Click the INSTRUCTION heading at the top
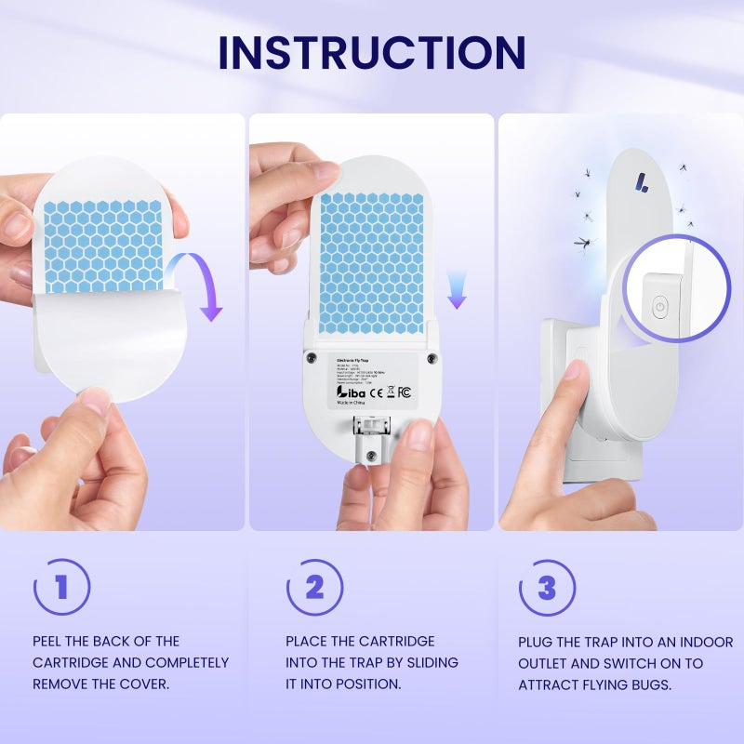[372, 53]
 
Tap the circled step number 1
[61, 588]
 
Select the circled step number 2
[314, 588]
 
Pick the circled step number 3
[547, 588]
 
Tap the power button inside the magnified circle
[659, 308]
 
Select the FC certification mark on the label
[404, 392]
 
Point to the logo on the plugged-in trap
[642, 182]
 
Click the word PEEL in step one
[51, 642]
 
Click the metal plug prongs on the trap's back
[371, 429]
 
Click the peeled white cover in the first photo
[102, 344]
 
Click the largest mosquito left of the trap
[582, 243]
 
